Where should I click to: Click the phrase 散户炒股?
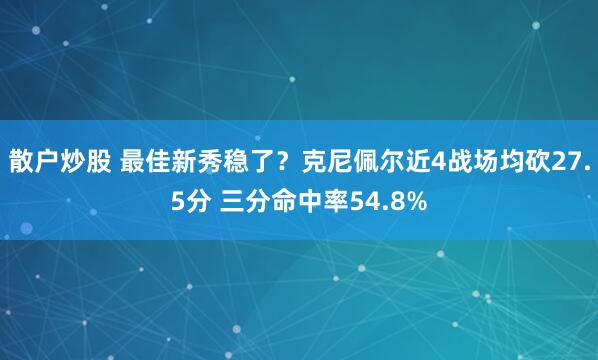pyautogui.click(x=56, y=162)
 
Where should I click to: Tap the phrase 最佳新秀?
pyautogui.click(x=169, y=162)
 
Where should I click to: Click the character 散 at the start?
pyautogui.click(x=20, y=162)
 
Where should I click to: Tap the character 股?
pyautogui.click(x=93, y=162)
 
